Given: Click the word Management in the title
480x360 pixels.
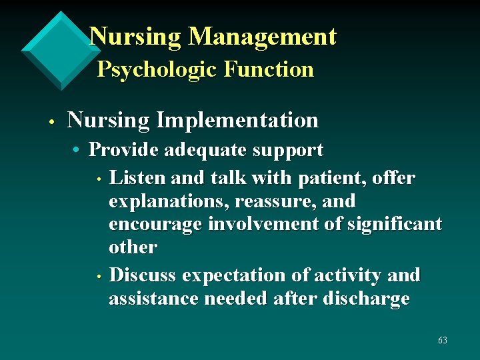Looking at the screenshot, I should pyautogui.click(x=263, y=37).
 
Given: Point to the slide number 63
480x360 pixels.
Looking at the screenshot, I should pyautogui.click(x=443, y=341).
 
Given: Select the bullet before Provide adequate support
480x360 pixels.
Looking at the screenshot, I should pyautogui.click(x=78, y=151).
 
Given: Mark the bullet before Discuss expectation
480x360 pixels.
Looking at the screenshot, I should pyautogui.click(x=98, y=277).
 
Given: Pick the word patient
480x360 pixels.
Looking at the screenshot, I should pyautogui.click(x=327, y=179).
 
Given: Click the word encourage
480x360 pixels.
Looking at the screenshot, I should pyautogui.click(x=155, y=225).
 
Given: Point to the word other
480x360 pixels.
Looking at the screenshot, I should pyautogui.click(x=133, y=247).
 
